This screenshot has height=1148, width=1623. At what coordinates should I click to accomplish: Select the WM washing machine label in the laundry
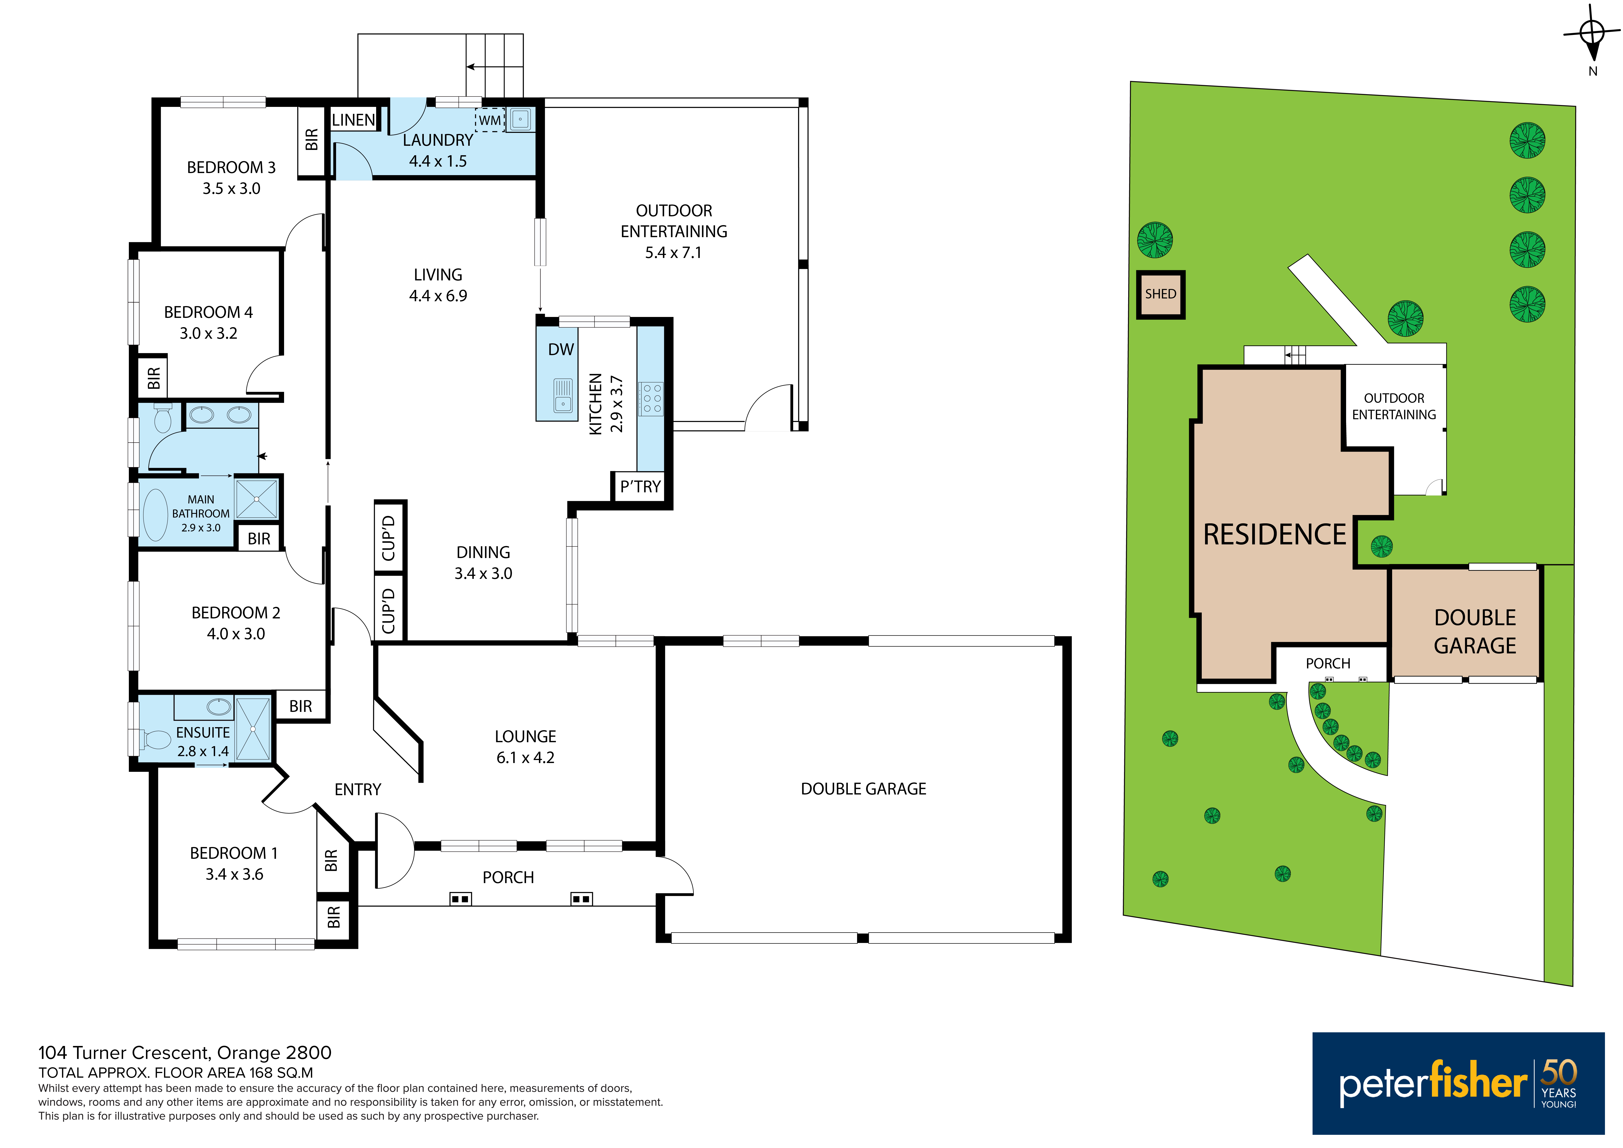489,120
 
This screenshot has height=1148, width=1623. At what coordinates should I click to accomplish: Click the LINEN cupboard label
353,120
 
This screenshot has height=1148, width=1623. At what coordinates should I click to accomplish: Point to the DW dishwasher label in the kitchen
561,349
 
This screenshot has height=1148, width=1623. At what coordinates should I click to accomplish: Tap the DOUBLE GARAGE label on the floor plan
863,789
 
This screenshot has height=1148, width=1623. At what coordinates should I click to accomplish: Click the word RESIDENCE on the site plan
1275,534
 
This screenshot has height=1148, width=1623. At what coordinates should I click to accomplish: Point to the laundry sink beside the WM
520,119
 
